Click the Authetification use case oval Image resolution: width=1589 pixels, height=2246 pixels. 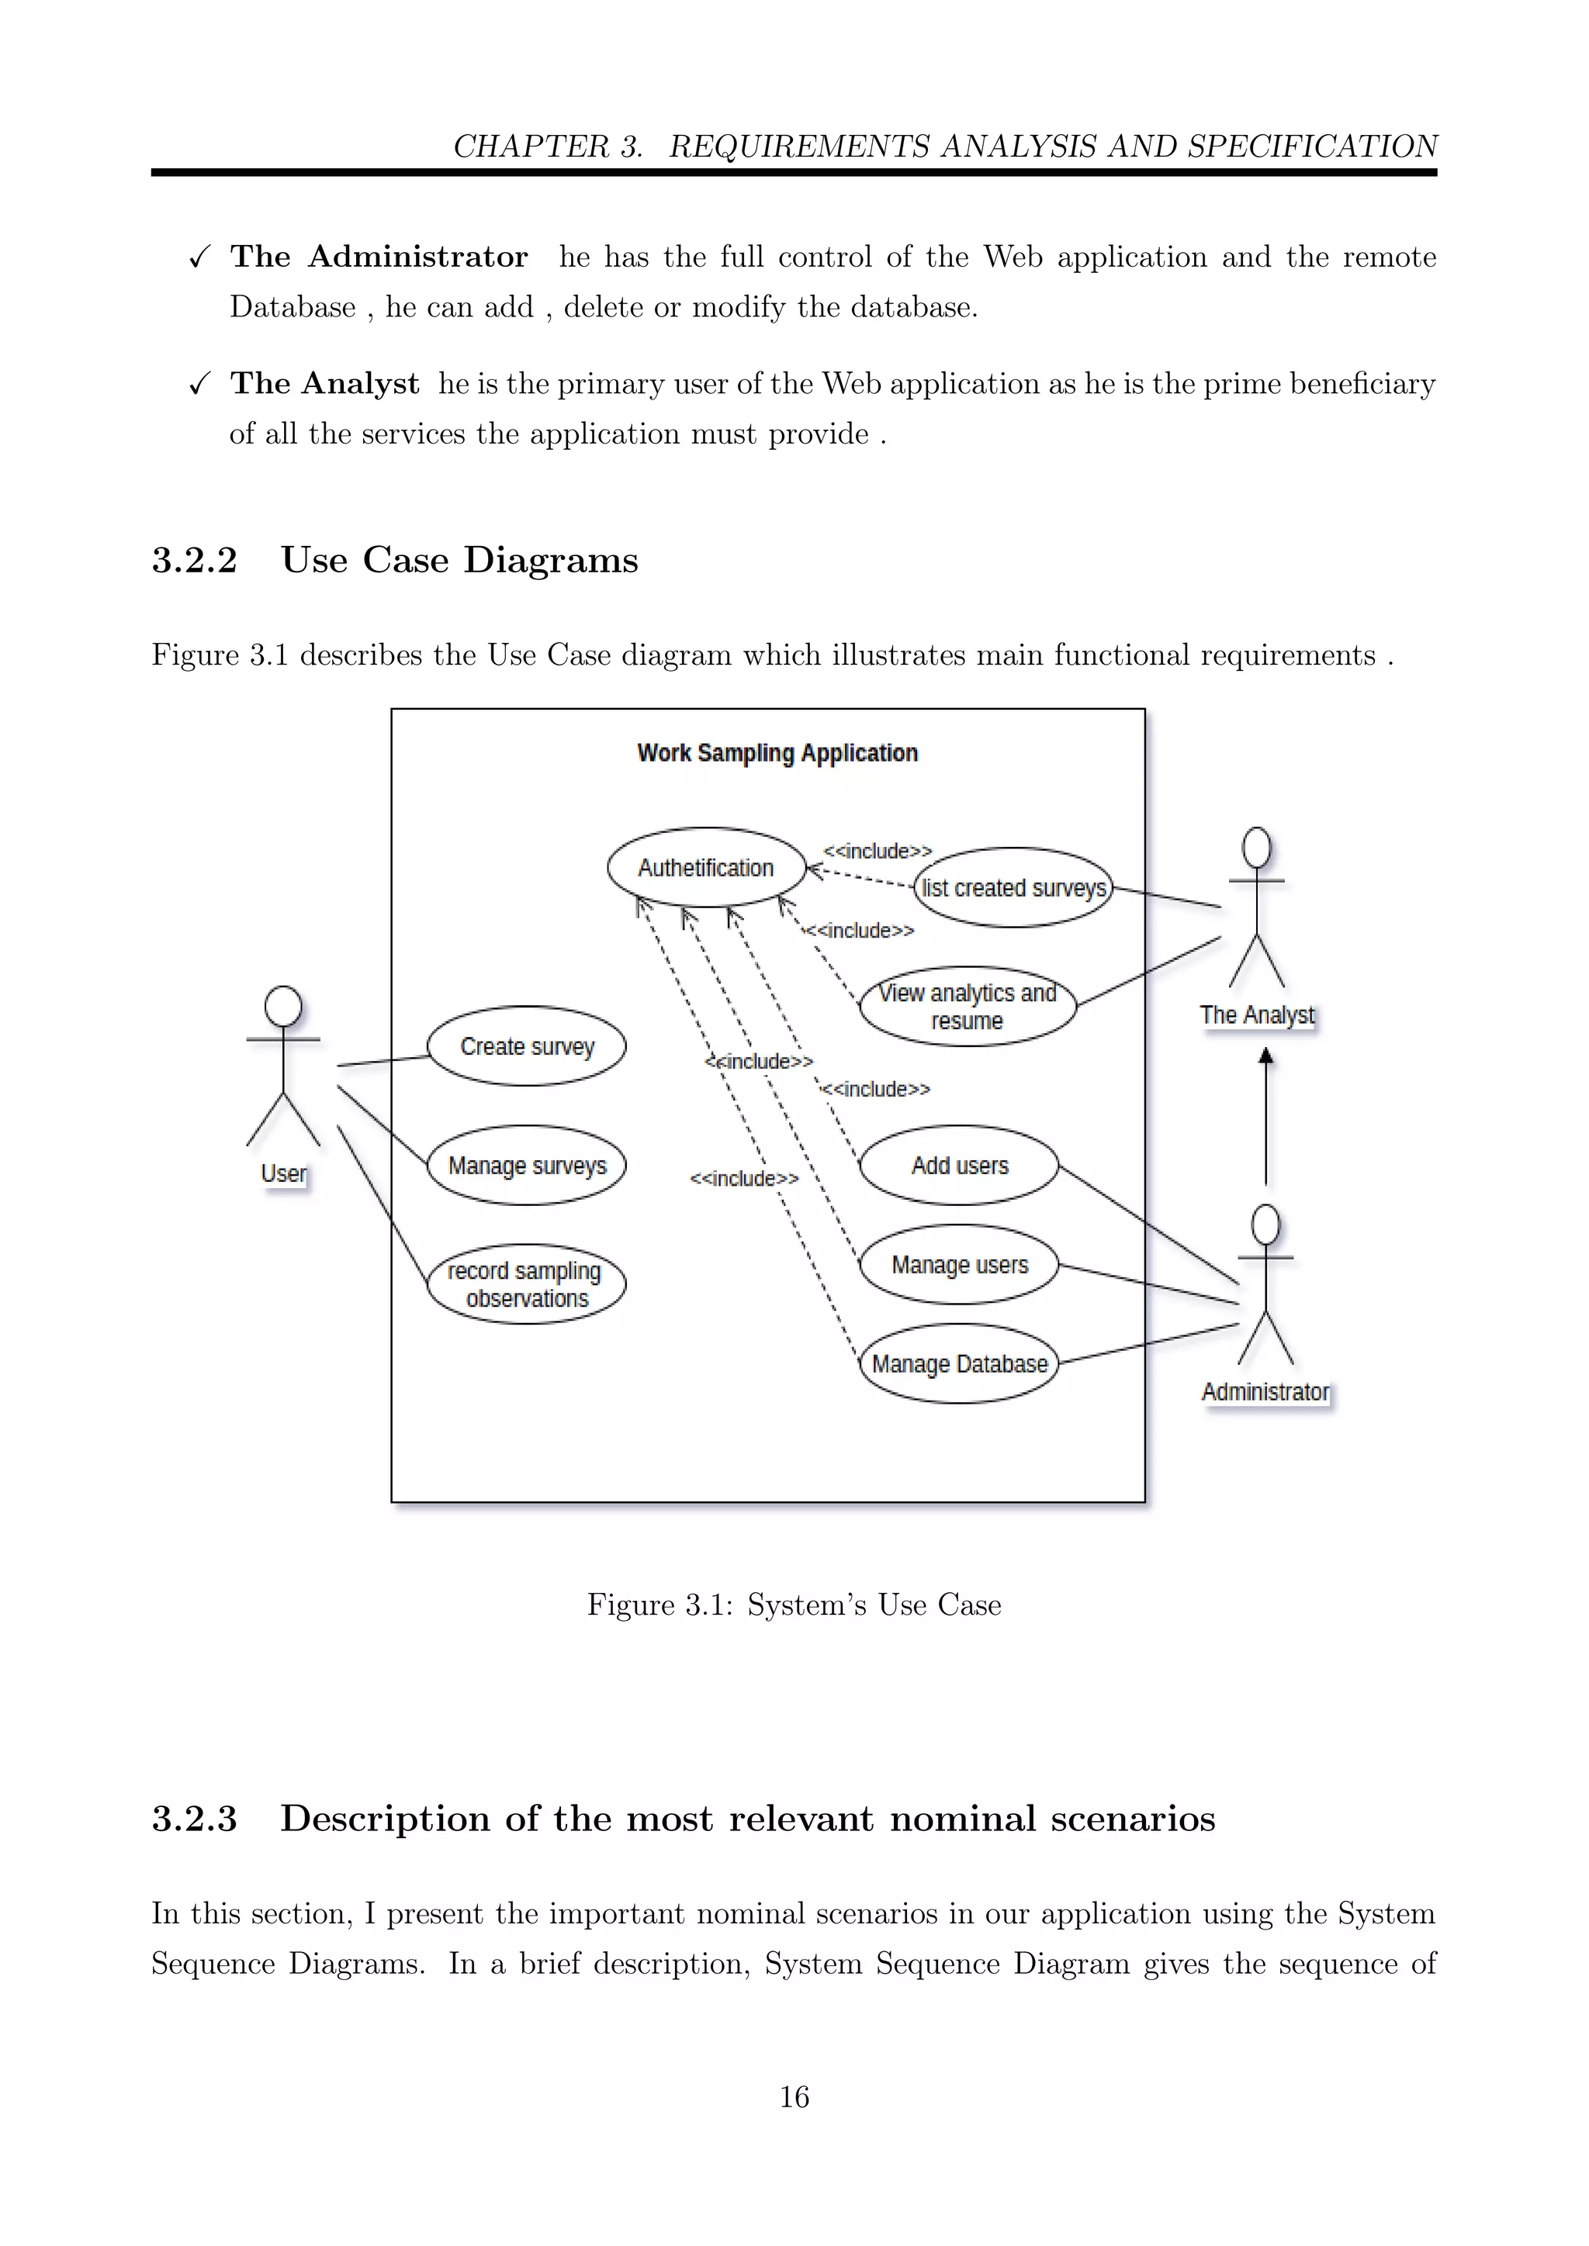click(705, 868)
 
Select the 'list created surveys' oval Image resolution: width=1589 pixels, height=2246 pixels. click(1013, 887)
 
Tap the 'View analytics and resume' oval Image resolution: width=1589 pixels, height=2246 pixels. click(967, 1006)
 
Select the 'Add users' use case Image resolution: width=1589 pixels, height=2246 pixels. click(959, 1165)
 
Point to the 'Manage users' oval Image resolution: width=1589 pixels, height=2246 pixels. click(959, 1264)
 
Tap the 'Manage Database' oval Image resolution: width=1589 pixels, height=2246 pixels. click(959, 1363)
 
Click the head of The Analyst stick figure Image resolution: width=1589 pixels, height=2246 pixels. click(1256, 847)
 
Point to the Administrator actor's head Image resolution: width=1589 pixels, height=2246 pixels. click(1265, 1224)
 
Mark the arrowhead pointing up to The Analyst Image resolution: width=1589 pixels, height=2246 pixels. click(1265, 1056)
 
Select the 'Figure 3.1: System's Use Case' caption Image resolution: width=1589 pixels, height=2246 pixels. click(794, 1605)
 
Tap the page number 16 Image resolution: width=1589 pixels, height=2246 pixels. click(794, 2096)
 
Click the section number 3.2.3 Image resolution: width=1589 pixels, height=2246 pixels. click(194, 1819)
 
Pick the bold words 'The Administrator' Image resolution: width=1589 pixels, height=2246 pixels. click(379, 256)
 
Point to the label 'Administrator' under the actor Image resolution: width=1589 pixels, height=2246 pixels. click(1265, 1391)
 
